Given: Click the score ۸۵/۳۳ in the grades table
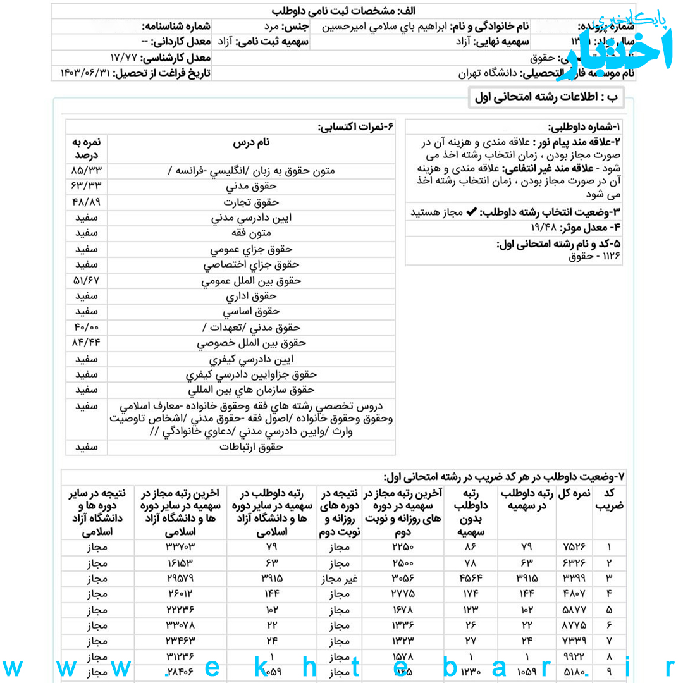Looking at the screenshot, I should pos(87,171).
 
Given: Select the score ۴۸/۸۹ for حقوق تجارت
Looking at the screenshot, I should pos(87,202).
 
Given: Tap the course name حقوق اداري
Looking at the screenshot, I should pos(251,296).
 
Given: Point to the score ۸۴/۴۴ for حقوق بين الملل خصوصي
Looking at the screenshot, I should pos(87,343).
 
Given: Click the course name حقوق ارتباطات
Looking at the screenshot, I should pos(251,447).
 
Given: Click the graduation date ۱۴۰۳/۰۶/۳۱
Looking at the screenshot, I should pos(84,73).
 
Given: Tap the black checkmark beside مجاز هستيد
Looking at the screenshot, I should pos(472,212).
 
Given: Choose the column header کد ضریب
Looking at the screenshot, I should pos(609,500).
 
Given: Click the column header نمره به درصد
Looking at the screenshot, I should pos(87,149).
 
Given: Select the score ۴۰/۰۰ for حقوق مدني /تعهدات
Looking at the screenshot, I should pos(87,328).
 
